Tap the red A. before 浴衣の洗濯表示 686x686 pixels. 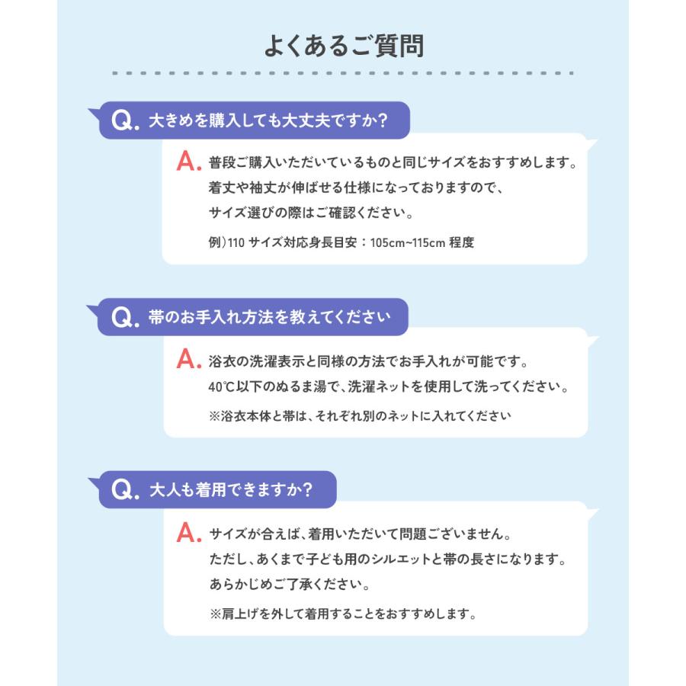(188, 359)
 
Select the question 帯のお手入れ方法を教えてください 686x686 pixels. (268, 317)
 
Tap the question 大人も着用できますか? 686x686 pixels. (230, 490)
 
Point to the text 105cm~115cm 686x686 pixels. (403, 242)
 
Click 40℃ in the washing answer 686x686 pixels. (221, 386)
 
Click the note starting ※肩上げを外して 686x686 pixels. (342, 613)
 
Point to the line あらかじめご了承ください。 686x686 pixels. (290, 587)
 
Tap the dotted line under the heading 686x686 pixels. (343, 73)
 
